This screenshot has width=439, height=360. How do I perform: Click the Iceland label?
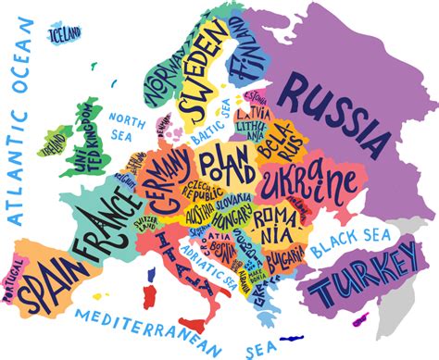66,34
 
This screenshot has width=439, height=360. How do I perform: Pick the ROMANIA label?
277,219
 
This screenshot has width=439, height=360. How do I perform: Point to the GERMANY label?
167,180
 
